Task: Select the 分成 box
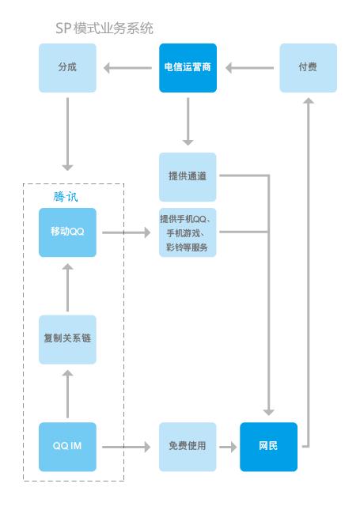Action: (67, 67)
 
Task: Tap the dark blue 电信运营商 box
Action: (188, 67)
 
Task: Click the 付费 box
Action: (308, 67)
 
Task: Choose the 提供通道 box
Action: (188, 176)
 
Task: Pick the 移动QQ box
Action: (67, 232)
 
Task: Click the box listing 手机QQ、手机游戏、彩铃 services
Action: (188, 232)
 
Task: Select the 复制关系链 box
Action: (67, 339)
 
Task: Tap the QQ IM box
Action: (67, 447)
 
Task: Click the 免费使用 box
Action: (188, 447)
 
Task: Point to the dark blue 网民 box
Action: (268, 447)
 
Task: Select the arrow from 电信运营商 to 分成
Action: (127, 68)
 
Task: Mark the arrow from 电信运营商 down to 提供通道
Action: (188, 123)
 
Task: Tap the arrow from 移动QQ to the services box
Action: (127, 233)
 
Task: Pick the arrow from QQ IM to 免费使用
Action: (127, 447)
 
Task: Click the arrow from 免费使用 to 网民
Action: (228, 447)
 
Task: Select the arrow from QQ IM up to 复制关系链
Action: (67, 394)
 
